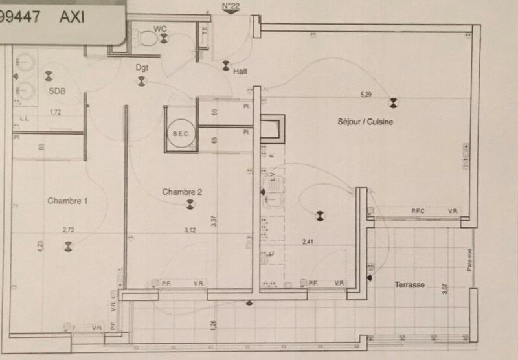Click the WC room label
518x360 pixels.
pyautogui.click(x=160, y=28)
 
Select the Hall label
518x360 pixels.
pyautogui.click(x=240, y=72)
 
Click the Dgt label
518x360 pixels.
pyautogui.click(x=142, y=67)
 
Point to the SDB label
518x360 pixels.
pyautogui.click(x=57, y=91)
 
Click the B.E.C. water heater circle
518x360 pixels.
pyautogui.click(x=179, y=134)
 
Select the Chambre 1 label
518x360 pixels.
pyautogui.click(x=67, y=201)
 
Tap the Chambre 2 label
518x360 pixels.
pyautogui.click(x=182, y=192)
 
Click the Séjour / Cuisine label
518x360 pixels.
pyautogui.click(x=365, y=121)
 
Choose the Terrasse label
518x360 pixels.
pyautogui.click(x=409, y=285)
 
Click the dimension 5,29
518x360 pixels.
pyautogui.click(x=366, y=95)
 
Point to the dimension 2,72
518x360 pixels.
pyautogui.click(x=69, y=230)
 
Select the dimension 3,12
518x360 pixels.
pyautogui.click(x=190, y=230)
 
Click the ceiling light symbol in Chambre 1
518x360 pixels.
pyautogui.click(x=68, y=245)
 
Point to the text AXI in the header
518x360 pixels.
pyautogui.click(x=72, y=16)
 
